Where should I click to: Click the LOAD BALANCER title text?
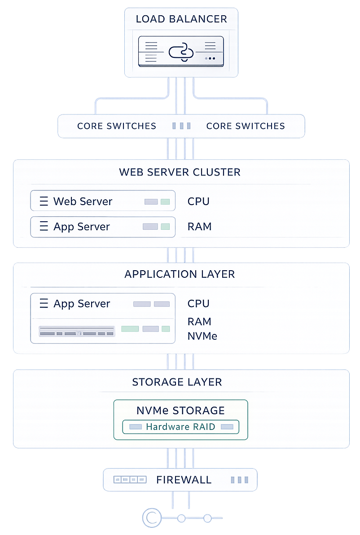point(181,19)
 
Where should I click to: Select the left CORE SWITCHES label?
point(117,126)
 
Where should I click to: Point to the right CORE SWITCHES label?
point(246,126)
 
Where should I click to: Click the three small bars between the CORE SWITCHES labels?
point(181,126)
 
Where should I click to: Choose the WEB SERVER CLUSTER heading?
point(180,172)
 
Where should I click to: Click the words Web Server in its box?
point(83,201)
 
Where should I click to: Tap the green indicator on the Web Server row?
point(165,202)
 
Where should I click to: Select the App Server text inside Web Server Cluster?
point(82,227)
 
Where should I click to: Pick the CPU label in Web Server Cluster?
point(198,202)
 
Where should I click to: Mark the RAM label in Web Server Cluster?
point(199,227)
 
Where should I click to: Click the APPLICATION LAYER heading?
point(180,274)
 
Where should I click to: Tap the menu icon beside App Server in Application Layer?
point(44,304)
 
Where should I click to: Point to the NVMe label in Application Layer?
point(202,336)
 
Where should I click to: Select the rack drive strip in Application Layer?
point(77,333)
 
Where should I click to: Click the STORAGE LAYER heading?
point(177,382)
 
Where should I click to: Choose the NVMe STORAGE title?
point(180,411)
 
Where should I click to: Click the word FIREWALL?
point(184,480)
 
